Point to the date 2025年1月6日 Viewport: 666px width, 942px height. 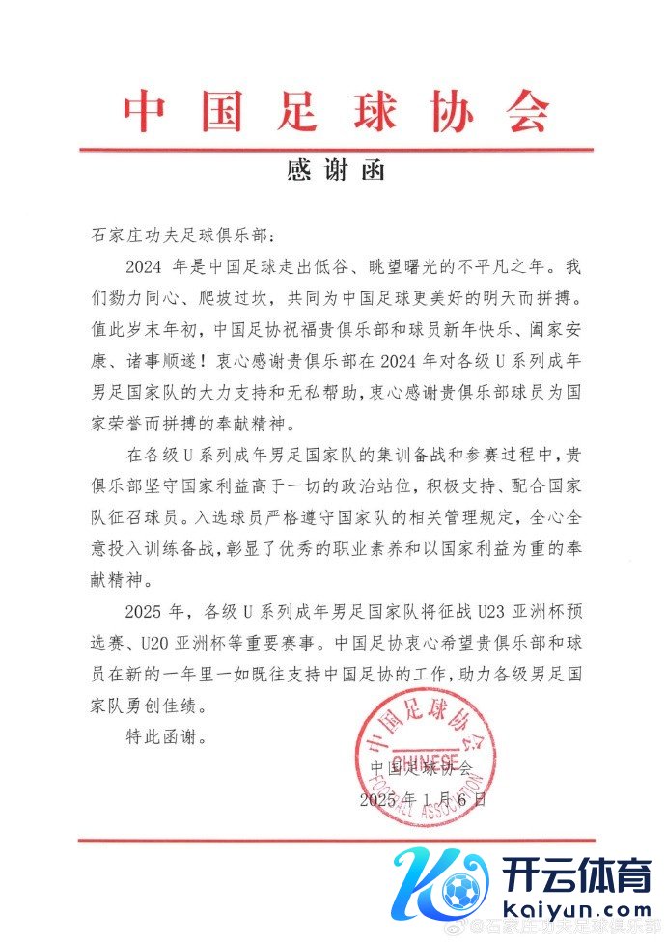click(423, 799)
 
